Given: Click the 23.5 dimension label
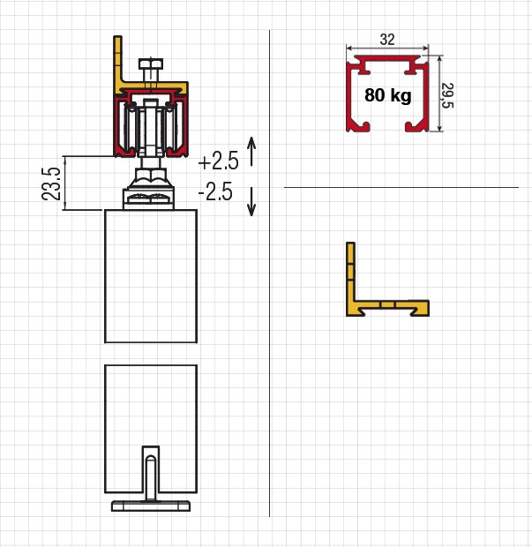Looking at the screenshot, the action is [51, 184].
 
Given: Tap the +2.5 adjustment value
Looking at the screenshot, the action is [219, 161].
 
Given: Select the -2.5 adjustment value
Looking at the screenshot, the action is [215, 191].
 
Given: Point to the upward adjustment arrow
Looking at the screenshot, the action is [251, 151].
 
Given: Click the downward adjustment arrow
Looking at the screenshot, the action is [251, 202].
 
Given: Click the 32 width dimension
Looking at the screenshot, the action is [387, 39].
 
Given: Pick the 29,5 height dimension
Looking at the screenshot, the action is [447, 95].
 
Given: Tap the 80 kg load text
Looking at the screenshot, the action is [388, 95].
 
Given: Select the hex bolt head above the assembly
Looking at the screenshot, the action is [151, 64].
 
